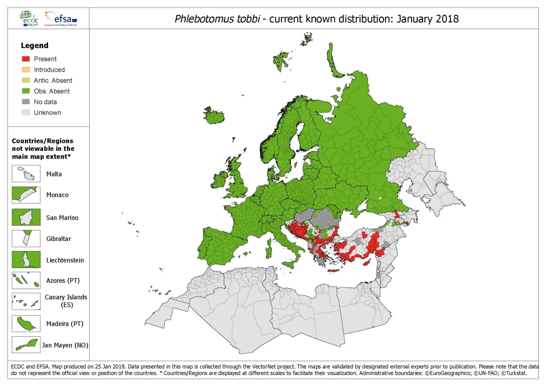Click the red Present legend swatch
[x=26, y=59]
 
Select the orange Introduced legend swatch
[x=26, y=70]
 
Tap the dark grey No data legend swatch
[x=26, y=102]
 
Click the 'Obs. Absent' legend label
[x=52, y=91]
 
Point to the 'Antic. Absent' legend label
[x=53, y=80]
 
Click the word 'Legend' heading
[x=35, y=46]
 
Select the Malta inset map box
[x=26, y=174]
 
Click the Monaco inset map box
[x=26, y=195]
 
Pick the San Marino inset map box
[x=26, y=217]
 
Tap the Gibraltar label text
[x=59, y=239]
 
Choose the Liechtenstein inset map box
[x=26, y=260]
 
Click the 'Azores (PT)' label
[x=63, y=281]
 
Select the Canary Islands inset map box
[x=26, y=301]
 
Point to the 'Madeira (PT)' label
[x=65, y=324]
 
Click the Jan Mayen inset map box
[x=26, y=345]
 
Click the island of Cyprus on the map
[x=367, y=262]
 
